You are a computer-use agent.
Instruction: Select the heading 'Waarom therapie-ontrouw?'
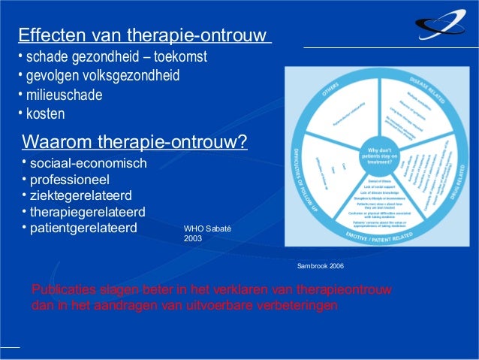point(135,142)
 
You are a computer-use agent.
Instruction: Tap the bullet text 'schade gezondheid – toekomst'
point(116,58)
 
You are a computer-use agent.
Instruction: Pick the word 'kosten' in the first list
point(46,115)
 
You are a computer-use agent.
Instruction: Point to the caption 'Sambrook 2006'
point(321,266)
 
